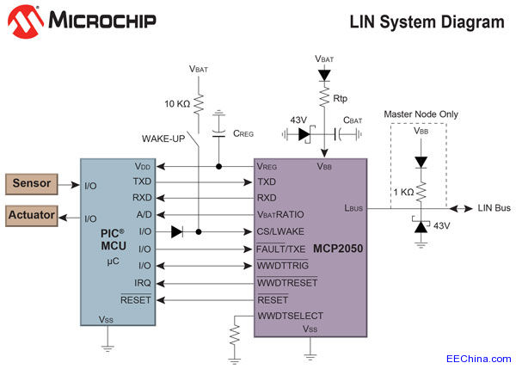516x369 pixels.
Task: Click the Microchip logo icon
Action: pyautogui.click(x=26, y=22)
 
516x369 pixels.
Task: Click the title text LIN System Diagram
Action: pyautogui.click(x=427, y=22)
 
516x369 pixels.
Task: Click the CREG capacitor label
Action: pyautogui.click(x=244, y=133)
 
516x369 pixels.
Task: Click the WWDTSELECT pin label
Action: pyautogui.click(x=290, y=317)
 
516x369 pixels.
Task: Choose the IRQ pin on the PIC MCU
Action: pyautogui.click(x=143, y=282)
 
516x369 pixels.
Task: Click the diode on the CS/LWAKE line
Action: pyautogui.click(x=176, y=231)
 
